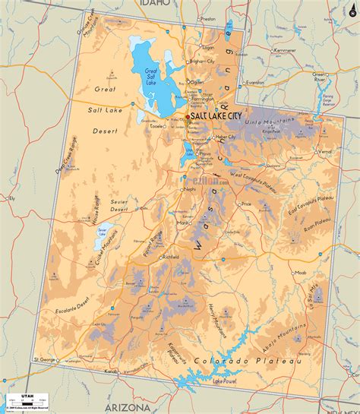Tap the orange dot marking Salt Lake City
[x=187, y=116]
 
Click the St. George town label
[x=45, y=359]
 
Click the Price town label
[x=245, y=204]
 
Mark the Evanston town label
[x=254, y=82]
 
